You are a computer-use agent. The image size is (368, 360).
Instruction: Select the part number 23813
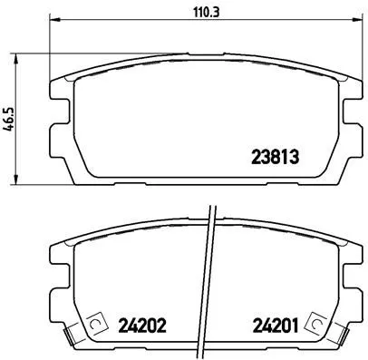[x=274, y=155]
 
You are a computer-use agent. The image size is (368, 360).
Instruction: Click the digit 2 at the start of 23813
[x=255, y=155]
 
